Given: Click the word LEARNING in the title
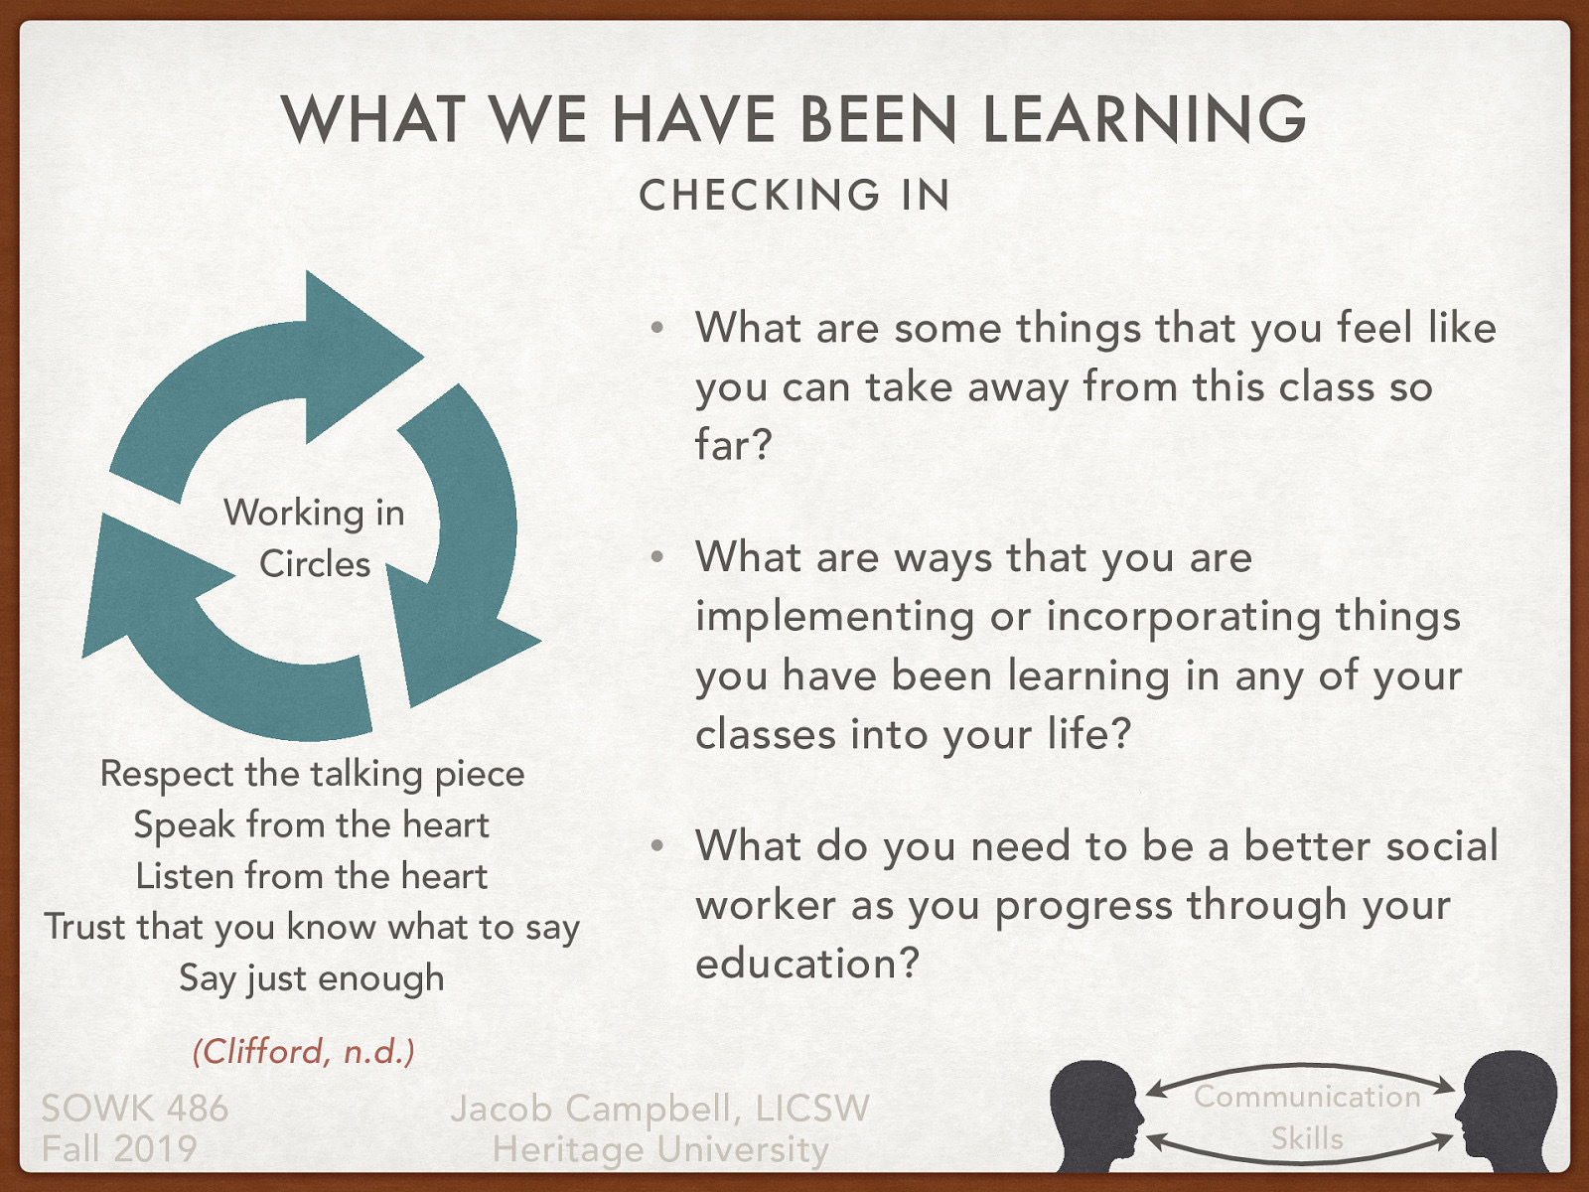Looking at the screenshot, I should [x=1144, y=119].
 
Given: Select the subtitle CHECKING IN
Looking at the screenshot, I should [x=794, y=195].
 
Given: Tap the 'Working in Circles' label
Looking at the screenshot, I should [x=314, y=537].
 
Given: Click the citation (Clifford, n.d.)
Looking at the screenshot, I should [x=303, y=1051].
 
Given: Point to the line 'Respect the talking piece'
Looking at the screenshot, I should [x=312, y=774].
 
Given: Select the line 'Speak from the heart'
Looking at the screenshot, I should [x=312, y=824].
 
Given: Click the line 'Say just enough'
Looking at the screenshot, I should [x=312, y=977].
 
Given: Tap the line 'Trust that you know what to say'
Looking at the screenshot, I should [x=312, y=927].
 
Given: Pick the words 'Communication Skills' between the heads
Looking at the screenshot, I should [x=1307, y=1117].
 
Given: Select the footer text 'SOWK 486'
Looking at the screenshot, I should [x=135, y=1108].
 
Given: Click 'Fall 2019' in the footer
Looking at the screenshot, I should [x=119, y=1149].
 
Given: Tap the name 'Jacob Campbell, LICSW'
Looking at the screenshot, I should [x=659, y=1108].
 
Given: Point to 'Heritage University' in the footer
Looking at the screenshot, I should [x=659, y=1149].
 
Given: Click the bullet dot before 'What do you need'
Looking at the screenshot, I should [x=656, y=846].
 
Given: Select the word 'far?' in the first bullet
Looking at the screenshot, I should [x=733, y=445].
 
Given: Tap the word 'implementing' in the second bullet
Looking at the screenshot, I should [x=834, y=617].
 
